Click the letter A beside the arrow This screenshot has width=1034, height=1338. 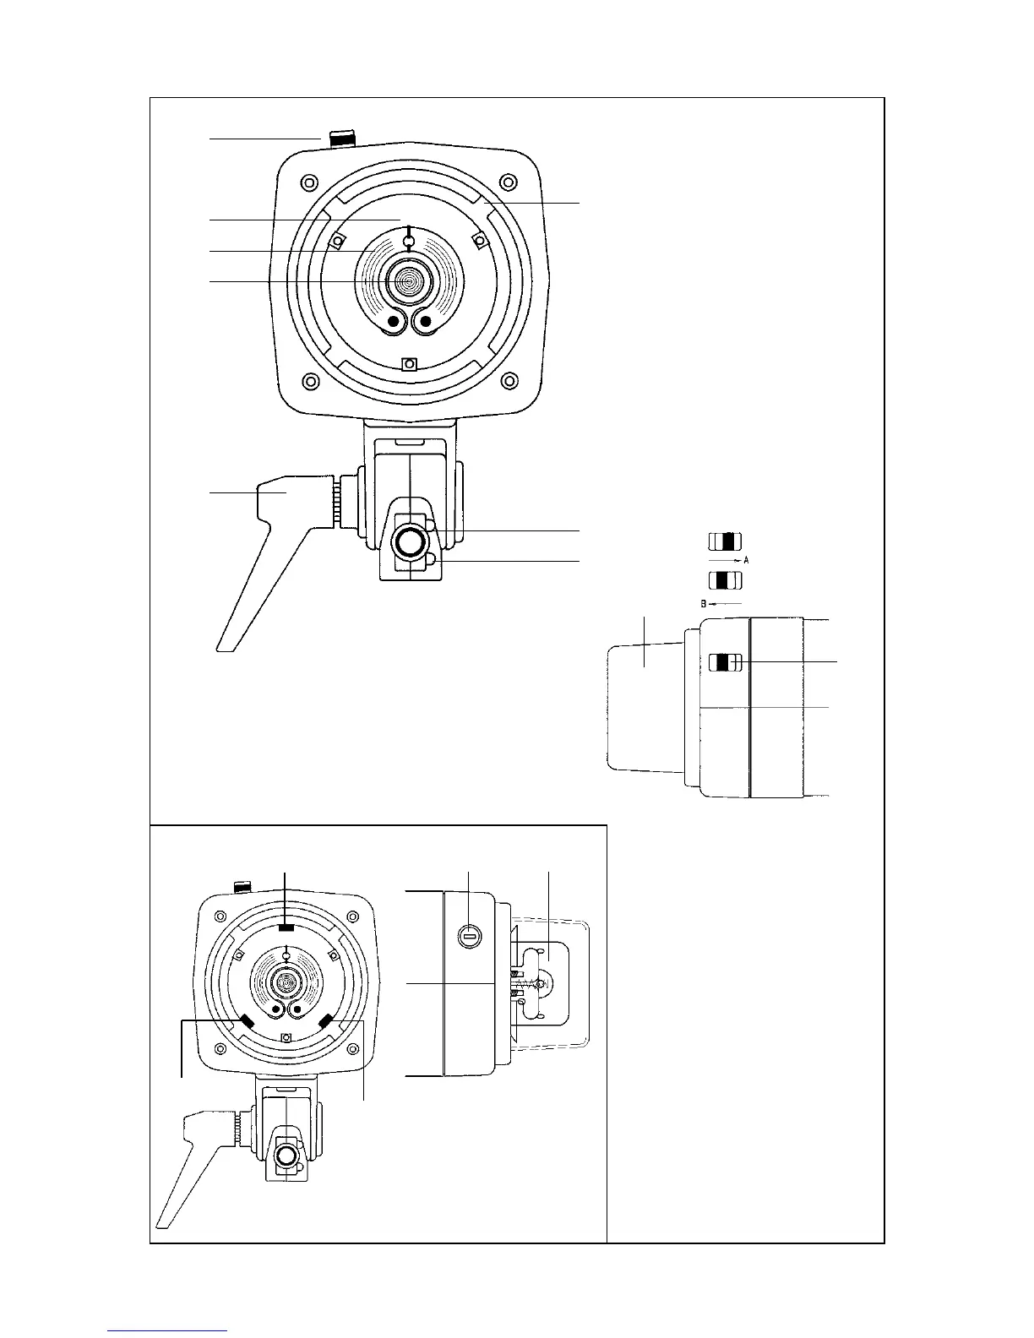pyautogui.click(x=747, y=560)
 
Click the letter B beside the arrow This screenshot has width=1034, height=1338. pyautogui.click(x=703, y=604)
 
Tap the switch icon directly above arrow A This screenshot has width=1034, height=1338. pyautogui.click(x=724, y=541)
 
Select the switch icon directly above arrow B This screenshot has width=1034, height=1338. pyautogui.click(x=724, y=580)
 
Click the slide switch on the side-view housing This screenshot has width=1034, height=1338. pyautogui.click(x=724, y=663)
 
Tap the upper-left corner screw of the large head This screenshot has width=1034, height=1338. pyautogui.click(x=309, y=183)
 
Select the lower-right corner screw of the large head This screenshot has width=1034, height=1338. pyautogui.click(x=508, y=381)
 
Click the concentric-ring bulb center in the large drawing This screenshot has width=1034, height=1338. pyautogui.click(x=409, y=280)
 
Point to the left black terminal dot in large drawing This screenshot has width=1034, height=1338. pyautogui.click(x=394, y=322)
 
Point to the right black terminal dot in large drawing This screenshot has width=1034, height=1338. pyautogui.click(x=425, y=322)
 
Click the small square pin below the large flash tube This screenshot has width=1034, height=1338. pyautogui.click(x=409, y=364)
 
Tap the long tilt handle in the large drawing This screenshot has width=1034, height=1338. pyautogui.click(x=253, y=557)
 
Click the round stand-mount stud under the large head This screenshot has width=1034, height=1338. pyautogui.click(x=410, y=541)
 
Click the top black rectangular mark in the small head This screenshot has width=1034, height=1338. pyautogui.click(x=286, y=927)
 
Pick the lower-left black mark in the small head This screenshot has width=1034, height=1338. pyautogui.click(x=247, y=1020)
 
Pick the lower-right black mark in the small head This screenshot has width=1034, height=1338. pyautogui.click(x=327, y=1020)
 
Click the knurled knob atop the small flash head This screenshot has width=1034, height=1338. pyautogui.click(x=242, y=887)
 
